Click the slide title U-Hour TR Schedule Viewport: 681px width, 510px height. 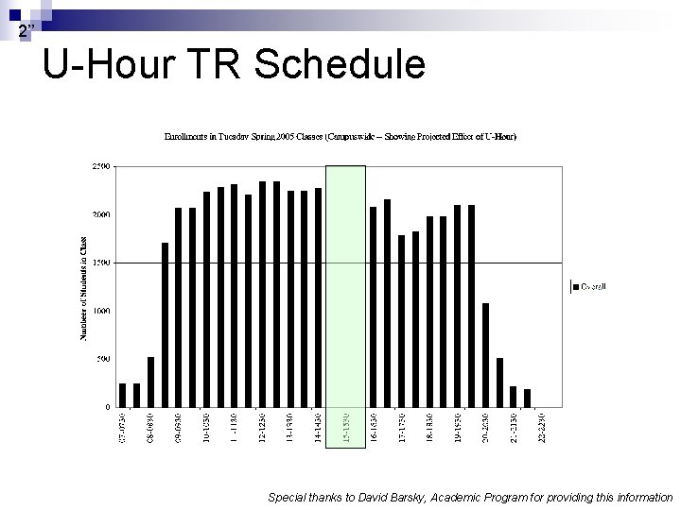(x=235, y=65)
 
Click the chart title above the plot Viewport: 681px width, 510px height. (x=340, y=137)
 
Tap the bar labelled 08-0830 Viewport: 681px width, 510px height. (x=150, y=382)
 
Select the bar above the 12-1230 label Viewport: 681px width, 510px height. (x=263, y=294)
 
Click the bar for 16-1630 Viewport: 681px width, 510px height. (x=373, y=307)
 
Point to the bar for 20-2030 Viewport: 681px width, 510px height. (x=485, y=355)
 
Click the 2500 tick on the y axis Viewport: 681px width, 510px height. (x=100, y=166)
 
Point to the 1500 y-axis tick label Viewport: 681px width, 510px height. (x=100, y=263)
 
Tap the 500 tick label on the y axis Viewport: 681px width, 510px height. (x=102, y=359)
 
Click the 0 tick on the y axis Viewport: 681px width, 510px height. (x=106, y=407)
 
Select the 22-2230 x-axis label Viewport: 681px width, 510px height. (x=542, y=427)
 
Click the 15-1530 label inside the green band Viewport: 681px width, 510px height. (x=345, y=427)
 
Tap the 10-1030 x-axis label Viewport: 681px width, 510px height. (x=206, y=427)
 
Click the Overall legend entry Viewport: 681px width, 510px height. (x=590, y=285)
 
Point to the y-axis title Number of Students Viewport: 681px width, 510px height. (x=82, y=287)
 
